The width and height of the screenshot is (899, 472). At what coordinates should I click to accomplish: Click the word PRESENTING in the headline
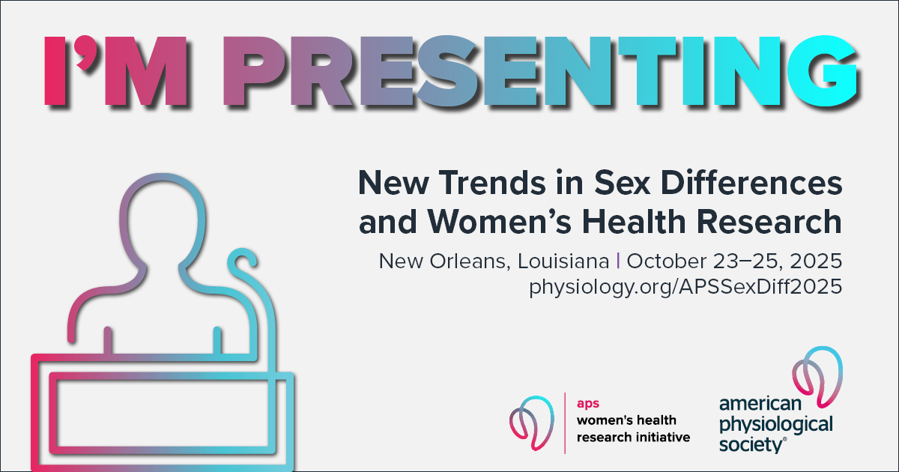point(541,71)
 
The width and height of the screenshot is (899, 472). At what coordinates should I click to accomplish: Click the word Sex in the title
point(622,183)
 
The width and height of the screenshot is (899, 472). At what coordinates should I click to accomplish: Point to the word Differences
point(751,183)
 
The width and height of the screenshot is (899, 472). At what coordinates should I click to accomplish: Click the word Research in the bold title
point(769,222)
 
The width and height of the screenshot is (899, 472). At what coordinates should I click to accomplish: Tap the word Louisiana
point(563,261)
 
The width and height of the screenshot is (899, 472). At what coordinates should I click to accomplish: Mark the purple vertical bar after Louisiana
point(617,261)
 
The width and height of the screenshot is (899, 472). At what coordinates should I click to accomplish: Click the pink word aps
point(588,404)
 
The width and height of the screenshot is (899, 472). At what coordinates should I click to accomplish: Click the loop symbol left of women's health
point(532,423)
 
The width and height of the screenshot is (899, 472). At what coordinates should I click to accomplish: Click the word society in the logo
point(750,445)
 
